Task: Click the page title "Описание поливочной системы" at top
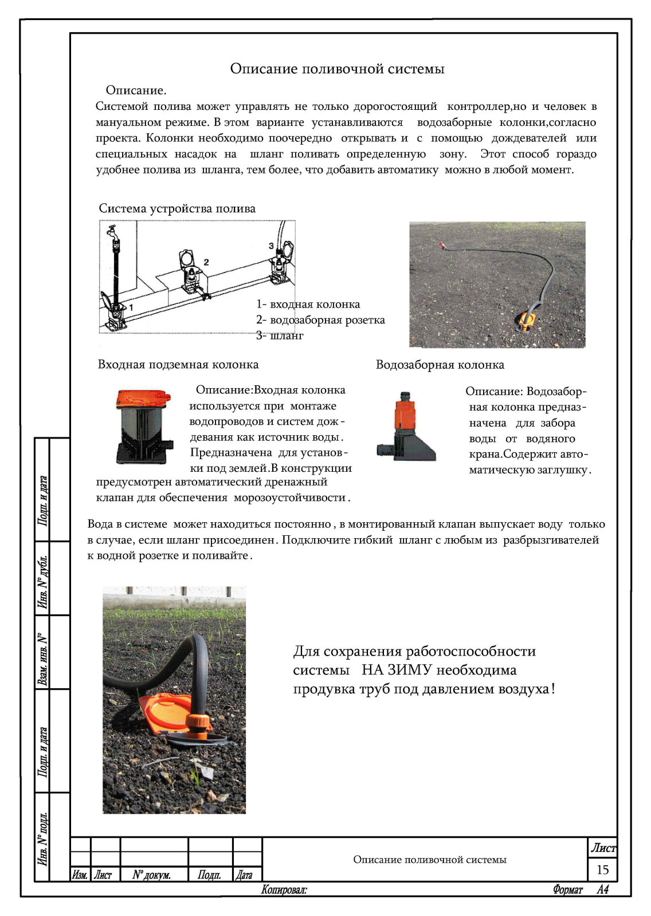pos(337,69)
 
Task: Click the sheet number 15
pos(602,870)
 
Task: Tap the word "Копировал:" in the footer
pos(284,890)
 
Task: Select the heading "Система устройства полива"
pos(177,208)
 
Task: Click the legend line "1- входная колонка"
pos(308,305)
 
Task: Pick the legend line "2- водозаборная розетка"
pos(320,320)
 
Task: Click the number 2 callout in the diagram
pos(206,262)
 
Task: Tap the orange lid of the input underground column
pos(143,397)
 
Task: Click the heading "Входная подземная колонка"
pos(178,365)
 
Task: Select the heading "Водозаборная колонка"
pos(440,365)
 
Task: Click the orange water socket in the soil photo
pos(527,320)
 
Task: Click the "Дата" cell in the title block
pos(244,875)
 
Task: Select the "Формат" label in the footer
pos(567,890)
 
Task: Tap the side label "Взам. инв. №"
pos(42,658)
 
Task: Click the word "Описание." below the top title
pos(136,90)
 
